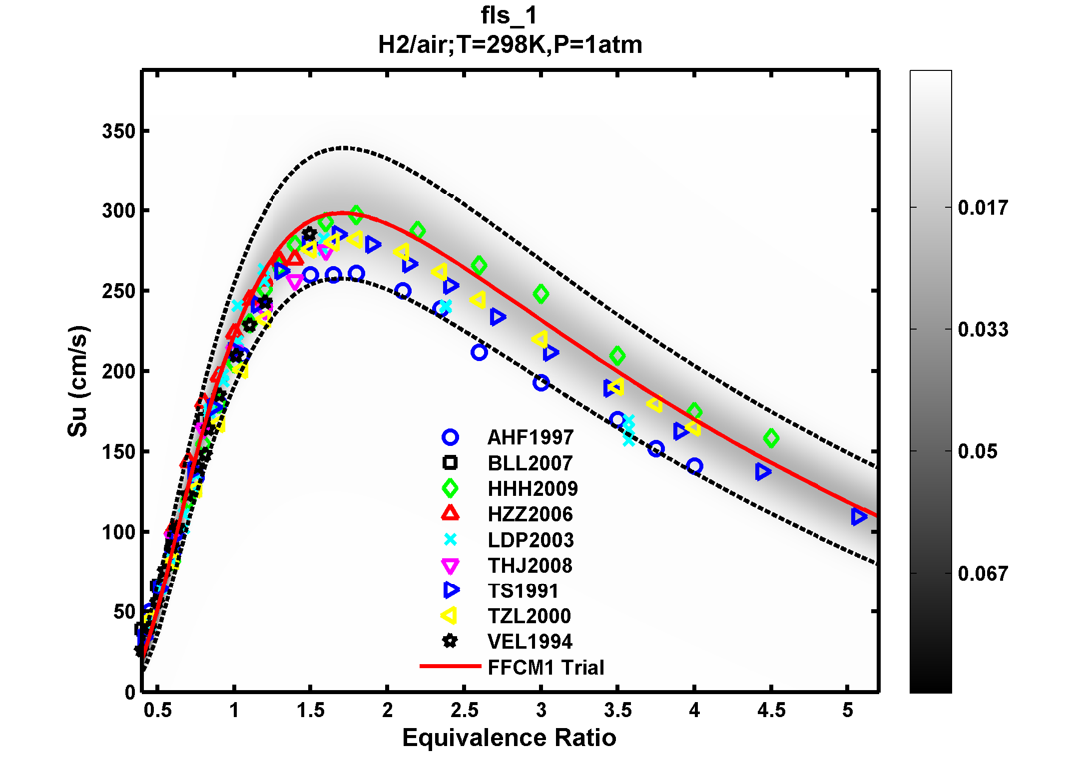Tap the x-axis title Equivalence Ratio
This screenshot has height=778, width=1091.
click(x=509, y=739)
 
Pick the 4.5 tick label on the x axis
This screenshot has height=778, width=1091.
click(x=771, y=710)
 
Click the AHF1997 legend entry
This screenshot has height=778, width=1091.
click(x=530, y=437)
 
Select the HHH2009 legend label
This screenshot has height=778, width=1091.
click(x=531, y=489)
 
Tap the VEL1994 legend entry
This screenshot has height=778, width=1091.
click(x=530, y=641)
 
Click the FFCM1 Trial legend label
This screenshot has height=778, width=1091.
click(x=546, y=667)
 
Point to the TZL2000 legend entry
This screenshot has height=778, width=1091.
click(x=530, y=616)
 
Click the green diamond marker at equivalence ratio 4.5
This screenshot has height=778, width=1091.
click(x=771, y=438)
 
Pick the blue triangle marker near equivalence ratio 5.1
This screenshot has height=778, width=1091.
click(x=859, y=516)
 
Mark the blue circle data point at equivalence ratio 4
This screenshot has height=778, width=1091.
click(x=694, y=466)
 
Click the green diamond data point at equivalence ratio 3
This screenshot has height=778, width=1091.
click(x=541, y=294)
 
